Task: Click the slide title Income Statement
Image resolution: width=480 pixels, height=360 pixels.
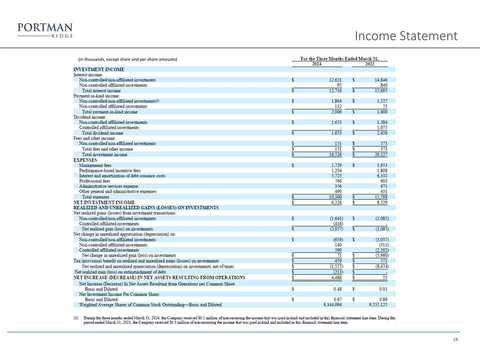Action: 405,36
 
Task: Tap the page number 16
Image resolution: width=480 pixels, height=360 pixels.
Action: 455,340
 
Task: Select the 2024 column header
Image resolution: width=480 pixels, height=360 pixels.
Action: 316,64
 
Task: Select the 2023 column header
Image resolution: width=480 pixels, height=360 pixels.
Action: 370,64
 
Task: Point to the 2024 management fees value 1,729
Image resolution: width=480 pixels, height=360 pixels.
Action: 335,165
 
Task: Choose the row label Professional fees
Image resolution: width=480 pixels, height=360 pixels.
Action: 93,181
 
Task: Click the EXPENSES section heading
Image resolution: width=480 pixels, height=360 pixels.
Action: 86,160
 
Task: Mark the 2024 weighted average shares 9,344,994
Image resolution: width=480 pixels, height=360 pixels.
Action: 329,304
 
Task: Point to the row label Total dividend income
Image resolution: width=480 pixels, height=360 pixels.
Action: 102,133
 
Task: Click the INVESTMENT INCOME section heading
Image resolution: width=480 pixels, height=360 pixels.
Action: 99,69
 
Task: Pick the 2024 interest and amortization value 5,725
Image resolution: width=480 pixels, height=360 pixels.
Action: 335,176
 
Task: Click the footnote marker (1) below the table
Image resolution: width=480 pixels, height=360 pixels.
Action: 76,317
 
